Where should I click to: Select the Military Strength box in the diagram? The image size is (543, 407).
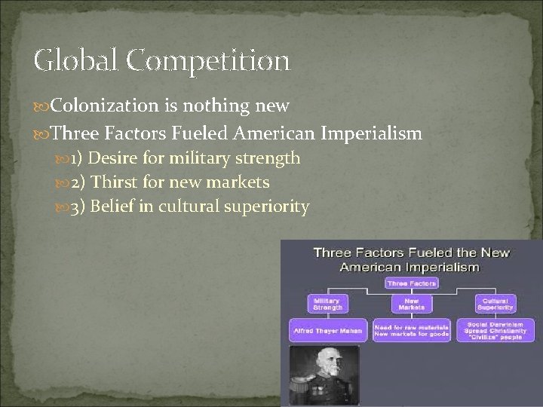pyautogui.click(x=327, y=303)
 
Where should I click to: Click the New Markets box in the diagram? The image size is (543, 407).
pyautogui.click(x=411, y=303)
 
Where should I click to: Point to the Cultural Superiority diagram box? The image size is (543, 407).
pyautogui.click(x=495, y=303)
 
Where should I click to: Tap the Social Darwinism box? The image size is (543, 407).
pyautogui.click(x=495, y=330)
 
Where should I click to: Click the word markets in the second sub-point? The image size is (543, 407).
pyautogui.click(x=238, y=183)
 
